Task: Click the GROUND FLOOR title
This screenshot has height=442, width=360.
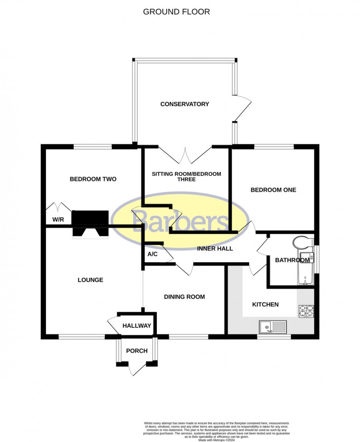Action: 176,12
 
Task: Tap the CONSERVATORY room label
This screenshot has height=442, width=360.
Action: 184,104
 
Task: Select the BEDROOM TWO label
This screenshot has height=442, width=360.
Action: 93,179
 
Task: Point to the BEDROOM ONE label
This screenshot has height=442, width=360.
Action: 273,190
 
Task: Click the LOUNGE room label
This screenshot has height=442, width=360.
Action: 90,280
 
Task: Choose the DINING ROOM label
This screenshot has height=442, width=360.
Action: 184,297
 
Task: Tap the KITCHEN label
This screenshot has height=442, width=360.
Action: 265,304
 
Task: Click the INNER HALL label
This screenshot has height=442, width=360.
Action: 215,249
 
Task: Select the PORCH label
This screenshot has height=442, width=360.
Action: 137,351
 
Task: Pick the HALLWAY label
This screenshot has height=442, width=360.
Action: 137,325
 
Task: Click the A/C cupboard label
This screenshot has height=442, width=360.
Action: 152,254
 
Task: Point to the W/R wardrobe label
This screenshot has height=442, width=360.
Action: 58,219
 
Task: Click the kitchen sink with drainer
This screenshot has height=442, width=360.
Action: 273,327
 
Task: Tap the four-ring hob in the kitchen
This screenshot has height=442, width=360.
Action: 306,311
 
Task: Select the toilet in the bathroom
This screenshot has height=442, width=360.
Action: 303,243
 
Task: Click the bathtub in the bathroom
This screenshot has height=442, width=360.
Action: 305,268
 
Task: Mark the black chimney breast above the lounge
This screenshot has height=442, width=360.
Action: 90,223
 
